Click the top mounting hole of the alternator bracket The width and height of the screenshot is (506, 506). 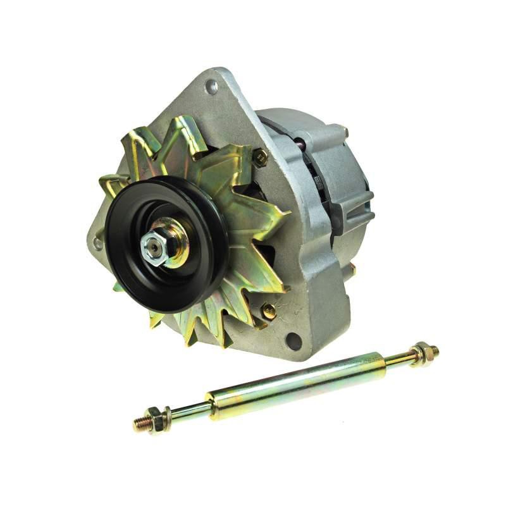213,87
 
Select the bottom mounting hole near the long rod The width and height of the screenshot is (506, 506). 293,341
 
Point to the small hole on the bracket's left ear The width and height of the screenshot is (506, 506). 98,242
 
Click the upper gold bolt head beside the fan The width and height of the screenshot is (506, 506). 259,157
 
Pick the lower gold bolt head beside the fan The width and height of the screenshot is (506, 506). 269,311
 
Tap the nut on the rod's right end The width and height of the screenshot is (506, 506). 421,353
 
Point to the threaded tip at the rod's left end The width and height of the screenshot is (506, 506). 137,424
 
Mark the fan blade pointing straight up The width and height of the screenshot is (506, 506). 183,136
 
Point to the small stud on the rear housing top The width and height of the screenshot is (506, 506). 345,131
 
